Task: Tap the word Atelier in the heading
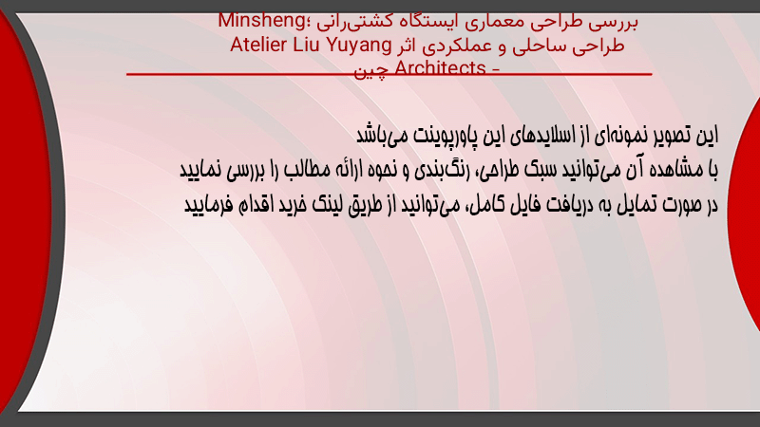pyautogui.click(x=258, y=45)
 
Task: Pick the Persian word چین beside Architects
pyautogui.click(x=371, y=72)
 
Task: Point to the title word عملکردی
pyautogui.click(x=458, y=46)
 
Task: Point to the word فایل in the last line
pyautogui.click(x=524, y=205)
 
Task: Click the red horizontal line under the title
pyautogui.click(x=389, y=74)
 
